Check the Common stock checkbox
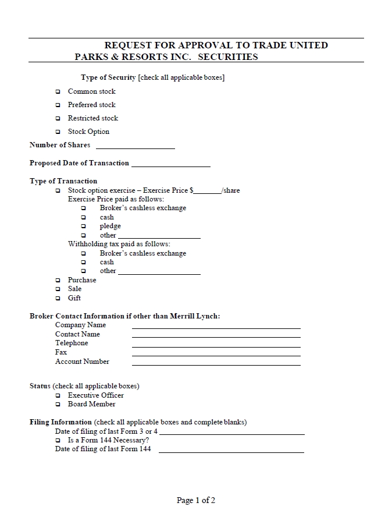(58, 92)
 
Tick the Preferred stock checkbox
(58, 105)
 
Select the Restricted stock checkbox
(58, 119)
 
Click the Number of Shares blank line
(135, 147)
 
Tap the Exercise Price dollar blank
(209, 192)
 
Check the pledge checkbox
(83, 226)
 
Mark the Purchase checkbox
(58, 281)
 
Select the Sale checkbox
(58, 289)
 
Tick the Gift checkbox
(58, 299)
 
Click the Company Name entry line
(216, 327)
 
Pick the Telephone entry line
(216, 345)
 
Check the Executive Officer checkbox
(58, 396)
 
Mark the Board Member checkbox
(58, 405)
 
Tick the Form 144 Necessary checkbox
(58, 441)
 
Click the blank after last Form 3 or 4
(231, 433)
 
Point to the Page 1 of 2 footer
(196, 500)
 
